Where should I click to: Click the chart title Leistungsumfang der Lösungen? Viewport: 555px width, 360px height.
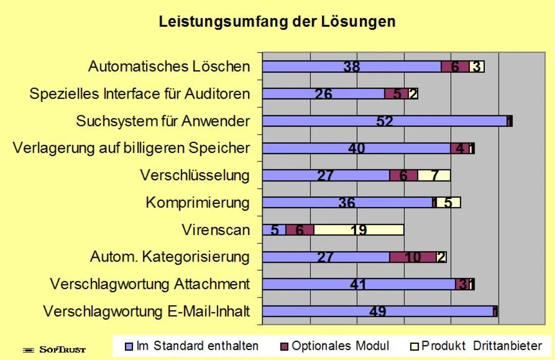[x=277, y=22]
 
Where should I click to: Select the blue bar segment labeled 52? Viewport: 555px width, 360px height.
[x=385, y=121]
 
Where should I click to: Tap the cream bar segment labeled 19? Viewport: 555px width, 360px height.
[x=359, y=230]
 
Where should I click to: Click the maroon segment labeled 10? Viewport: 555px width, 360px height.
[x=413, y=257]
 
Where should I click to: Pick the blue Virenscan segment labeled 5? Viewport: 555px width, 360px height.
[x=274, y=230]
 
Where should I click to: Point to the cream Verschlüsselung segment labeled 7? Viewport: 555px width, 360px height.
[x=434, y=175]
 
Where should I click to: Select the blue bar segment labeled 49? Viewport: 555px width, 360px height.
[x=378, y=311]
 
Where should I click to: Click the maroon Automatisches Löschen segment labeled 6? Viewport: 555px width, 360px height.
[x=455, y=67]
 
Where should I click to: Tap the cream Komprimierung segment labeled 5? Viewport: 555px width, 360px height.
[x=449, y=203]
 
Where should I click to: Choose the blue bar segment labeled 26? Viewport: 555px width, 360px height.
[x=324, y=94]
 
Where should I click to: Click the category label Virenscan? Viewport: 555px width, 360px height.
[x=216, y=230]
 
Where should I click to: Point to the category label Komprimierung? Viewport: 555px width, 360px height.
[x=198, y=203]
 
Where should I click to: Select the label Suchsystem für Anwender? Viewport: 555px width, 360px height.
[x=163, y=121]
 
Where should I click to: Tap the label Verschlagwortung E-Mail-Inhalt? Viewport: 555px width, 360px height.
[x=147, y=311]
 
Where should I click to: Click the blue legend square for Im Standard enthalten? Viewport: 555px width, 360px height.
[x=129, y=347]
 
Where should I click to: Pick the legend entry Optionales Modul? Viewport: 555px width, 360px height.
[x=334, y=346]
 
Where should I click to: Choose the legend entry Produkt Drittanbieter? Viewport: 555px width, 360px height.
[x=476, y=346]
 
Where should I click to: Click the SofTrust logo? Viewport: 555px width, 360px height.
[x=55, y=350]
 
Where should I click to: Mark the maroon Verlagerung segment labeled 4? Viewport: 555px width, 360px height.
[x=460, y=148]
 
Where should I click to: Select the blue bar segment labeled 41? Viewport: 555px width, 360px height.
[x=359, y=284]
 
